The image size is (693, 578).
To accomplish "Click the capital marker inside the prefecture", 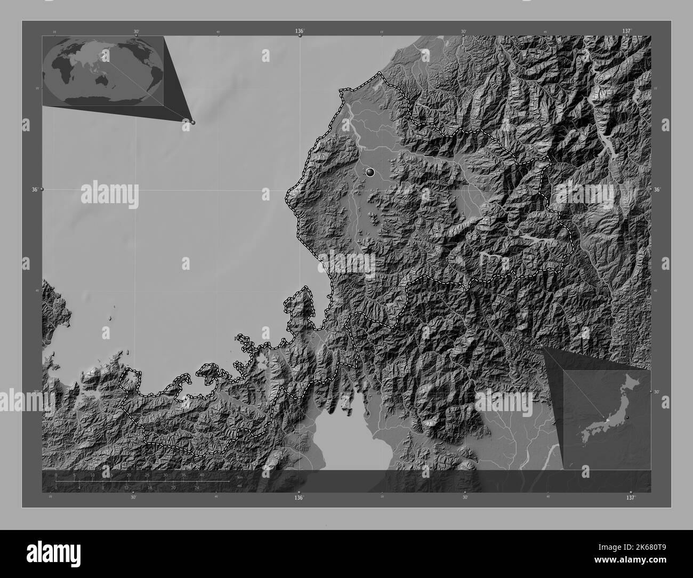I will [370, 172].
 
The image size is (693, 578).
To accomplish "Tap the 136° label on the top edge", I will [300, 31].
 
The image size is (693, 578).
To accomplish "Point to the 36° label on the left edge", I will [35, 189].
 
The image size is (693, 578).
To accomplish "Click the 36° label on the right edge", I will [657, 189].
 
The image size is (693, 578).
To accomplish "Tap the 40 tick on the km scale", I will [202, 475].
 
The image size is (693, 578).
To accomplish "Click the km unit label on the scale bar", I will [240, 477].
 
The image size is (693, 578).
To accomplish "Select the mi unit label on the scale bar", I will [240, 486].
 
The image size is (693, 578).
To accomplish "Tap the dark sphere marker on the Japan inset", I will [627, 416].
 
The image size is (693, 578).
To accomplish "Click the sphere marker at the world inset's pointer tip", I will [192, 122].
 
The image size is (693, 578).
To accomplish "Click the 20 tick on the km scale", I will [129, 475].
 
